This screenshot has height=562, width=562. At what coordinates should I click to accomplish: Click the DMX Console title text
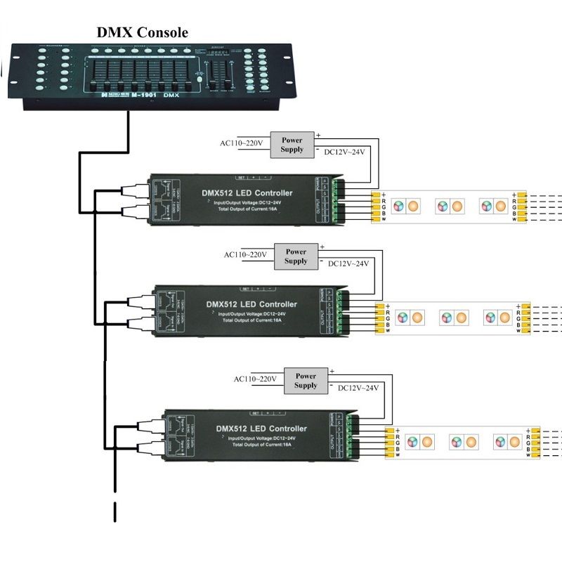142,32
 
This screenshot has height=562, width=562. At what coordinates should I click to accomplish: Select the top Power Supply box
292,145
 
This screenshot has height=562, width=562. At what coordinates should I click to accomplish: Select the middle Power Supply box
296,256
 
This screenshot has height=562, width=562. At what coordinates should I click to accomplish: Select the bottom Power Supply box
306,381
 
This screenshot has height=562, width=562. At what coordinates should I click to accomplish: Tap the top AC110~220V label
241,144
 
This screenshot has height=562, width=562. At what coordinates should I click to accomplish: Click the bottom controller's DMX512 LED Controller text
261,429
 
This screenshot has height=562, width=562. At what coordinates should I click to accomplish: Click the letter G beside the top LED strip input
384,207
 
